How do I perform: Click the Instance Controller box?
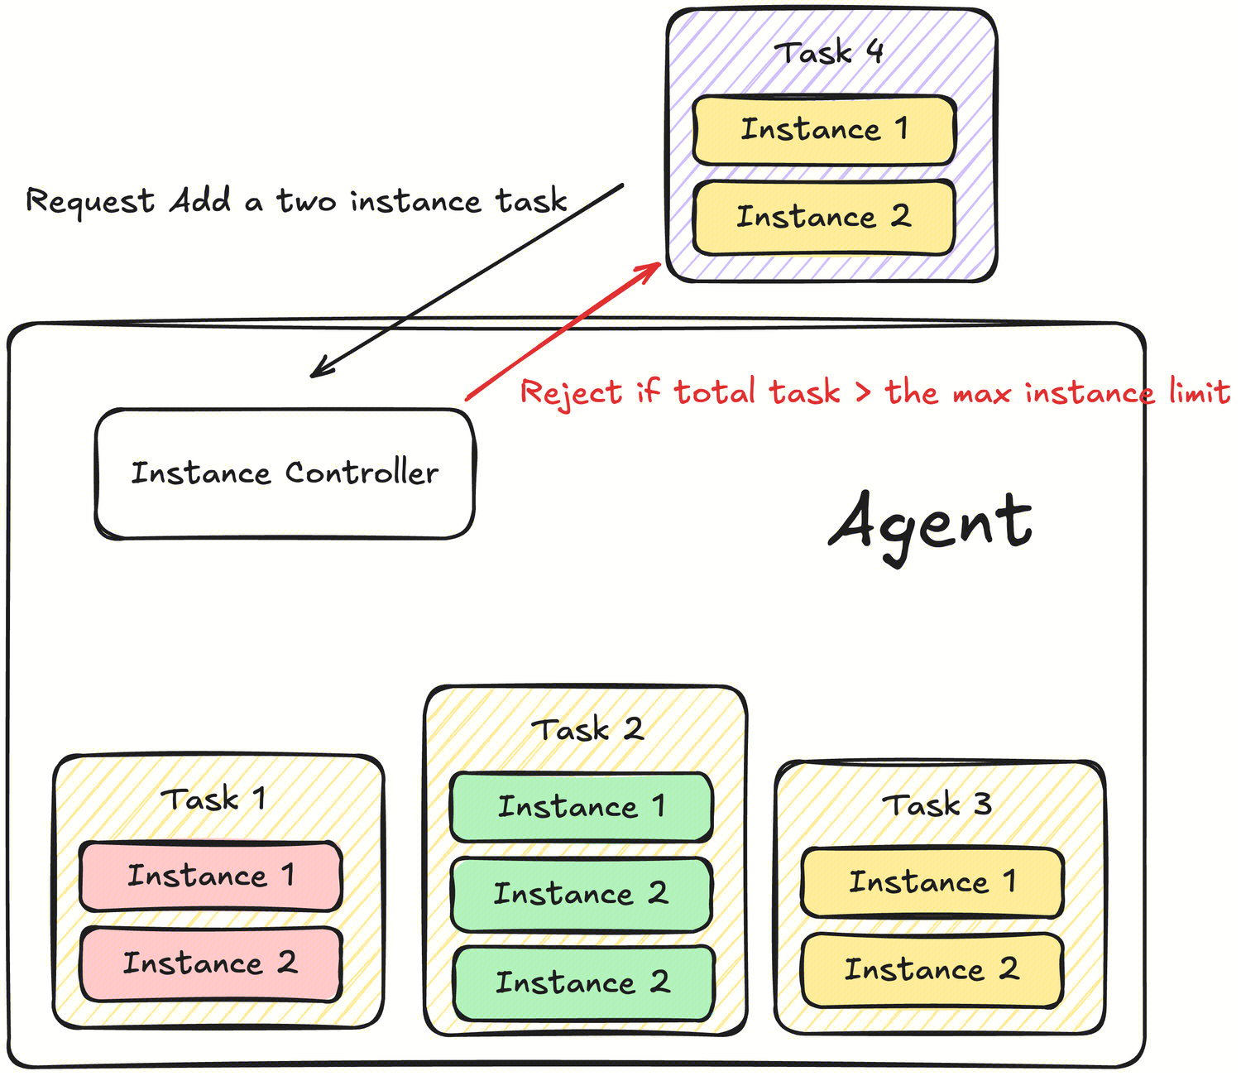285,473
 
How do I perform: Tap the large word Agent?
931,524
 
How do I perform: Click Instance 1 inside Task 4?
824,130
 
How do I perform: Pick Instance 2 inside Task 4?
824,217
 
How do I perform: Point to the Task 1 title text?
213,800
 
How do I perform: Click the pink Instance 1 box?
211,876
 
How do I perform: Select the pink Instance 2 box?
211,963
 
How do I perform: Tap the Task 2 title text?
587,730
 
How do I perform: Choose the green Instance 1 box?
582,807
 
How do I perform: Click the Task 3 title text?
937,805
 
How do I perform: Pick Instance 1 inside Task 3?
932,882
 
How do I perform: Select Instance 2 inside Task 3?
932,969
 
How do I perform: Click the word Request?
90,201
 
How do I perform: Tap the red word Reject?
571,392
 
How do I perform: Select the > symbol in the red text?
863,392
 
